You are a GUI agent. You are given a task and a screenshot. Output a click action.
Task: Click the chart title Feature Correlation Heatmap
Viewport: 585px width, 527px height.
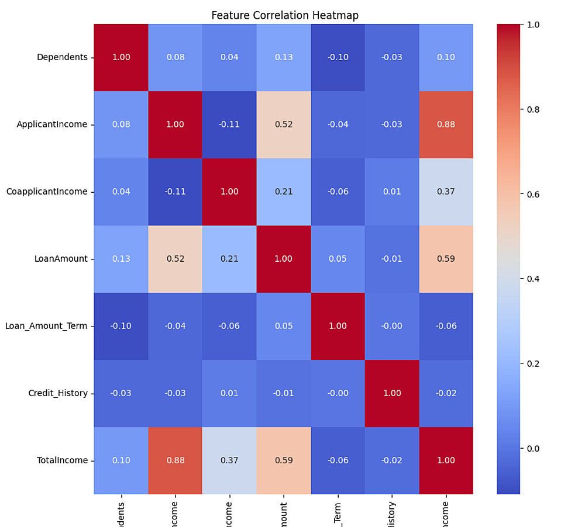coord(285,15)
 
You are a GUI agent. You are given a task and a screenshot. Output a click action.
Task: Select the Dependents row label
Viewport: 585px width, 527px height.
coord(62,57)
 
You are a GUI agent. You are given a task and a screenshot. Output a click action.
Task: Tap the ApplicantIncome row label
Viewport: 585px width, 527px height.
coord(52,124)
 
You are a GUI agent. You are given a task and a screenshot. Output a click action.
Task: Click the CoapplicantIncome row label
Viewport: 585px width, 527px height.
coord(47,192)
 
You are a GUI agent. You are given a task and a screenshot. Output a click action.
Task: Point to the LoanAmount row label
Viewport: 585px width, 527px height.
coord(61,259)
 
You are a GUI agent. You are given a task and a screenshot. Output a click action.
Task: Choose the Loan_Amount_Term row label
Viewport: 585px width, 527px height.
coord(46,326)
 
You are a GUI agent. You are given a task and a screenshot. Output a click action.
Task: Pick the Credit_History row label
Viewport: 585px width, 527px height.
coord(58,393)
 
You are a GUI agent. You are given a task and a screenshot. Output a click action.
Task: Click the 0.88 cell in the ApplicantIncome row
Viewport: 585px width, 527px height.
coord(446,124)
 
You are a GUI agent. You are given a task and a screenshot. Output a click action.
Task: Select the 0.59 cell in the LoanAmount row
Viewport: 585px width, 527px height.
coord(446,259)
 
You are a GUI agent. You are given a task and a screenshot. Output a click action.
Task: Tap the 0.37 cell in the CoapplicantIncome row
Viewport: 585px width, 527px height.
coord(446,192)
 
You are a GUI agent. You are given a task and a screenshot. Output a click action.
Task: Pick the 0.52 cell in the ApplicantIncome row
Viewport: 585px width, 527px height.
coord(283,124)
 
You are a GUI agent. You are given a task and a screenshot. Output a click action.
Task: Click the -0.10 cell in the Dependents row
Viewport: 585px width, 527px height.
coord(338,57)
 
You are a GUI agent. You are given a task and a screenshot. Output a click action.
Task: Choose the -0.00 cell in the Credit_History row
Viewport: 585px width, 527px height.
coord(338,393)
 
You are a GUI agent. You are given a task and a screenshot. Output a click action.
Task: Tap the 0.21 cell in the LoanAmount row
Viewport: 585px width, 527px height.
coord(229,259)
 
